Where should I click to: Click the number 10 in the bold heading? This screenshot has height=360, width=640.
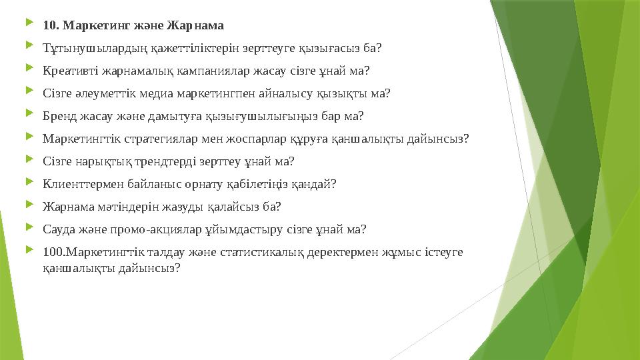(49, 26)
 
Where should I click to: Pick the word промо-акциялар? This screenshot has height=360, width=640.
(141, 230)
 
